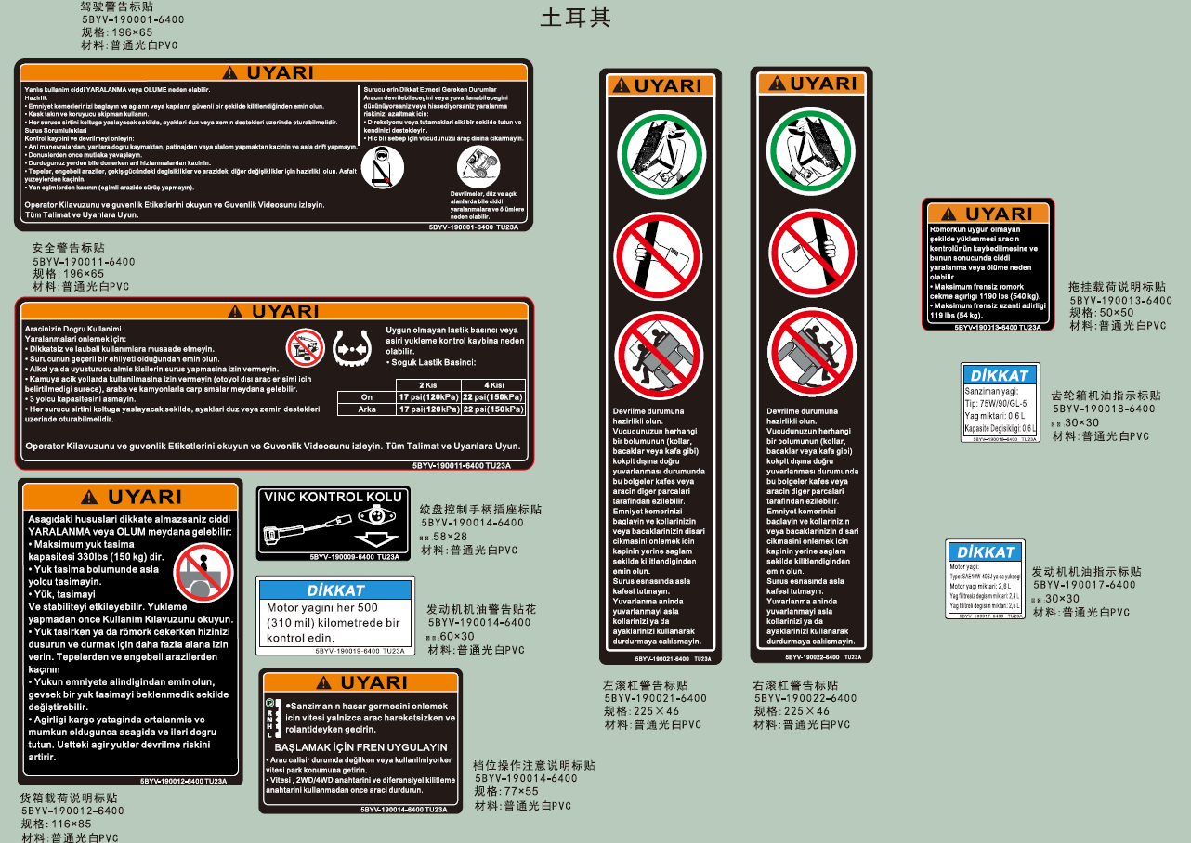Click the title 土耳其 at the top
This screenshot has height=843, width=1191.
click(x=575, y=19)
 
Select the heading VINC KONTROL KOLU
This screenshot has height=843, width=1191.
click(x=333, y=497)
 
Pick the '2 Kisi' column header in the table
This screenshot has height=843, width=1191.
click(x=428, y=384)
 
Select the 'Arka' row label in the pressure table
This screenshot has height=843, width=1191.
click(x=367, y=409)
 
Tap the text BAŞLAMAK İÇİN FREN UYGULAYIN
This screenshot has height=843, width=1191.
click(x=360, y=746)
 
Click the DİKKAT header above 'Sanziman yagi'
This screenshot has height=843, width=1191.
click(x=1000, y=375)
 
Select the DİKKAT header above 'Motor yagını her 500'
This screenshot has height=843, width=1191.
click(x=335, y=590)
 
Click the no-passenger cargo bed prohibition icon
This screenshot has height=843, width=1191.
click(x=203, y=572)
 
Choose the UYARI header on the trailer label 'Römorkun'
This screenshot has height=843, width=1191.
click(x=988, y=214)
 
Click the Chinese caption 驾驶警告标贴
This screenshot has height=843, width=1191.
click(x=117, y=6)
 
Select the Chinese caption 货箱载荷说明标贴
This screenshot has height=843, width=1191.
click(x=69, y=798)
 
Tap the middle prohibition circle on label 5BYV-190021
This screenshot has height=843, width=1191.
click(x=660, y=253)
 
